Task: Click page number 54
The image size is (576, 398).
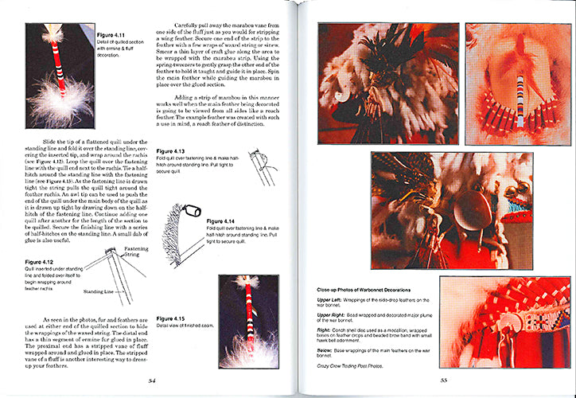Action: [x=152, y=380]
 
